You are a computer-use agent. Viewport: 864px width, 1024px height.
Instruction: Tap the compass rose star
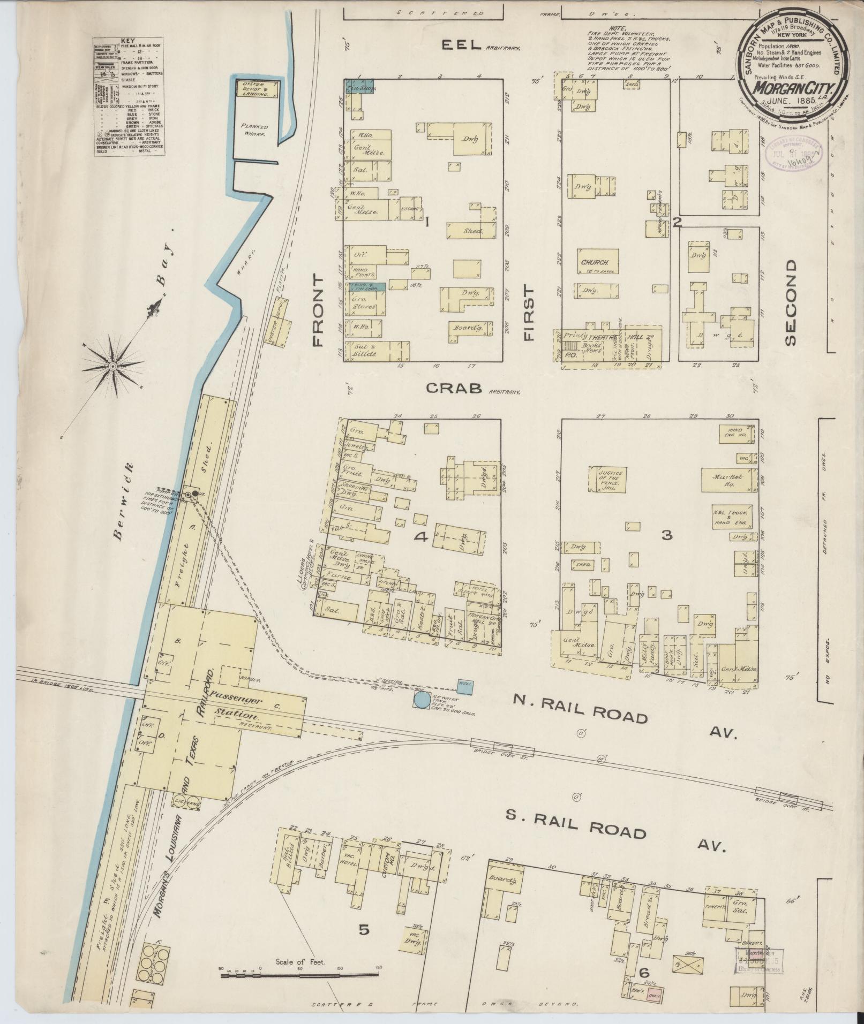click(x=113, y=366)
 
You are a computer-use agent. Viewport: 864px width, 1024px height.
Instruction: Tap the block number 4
click(x=422, y=538)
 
